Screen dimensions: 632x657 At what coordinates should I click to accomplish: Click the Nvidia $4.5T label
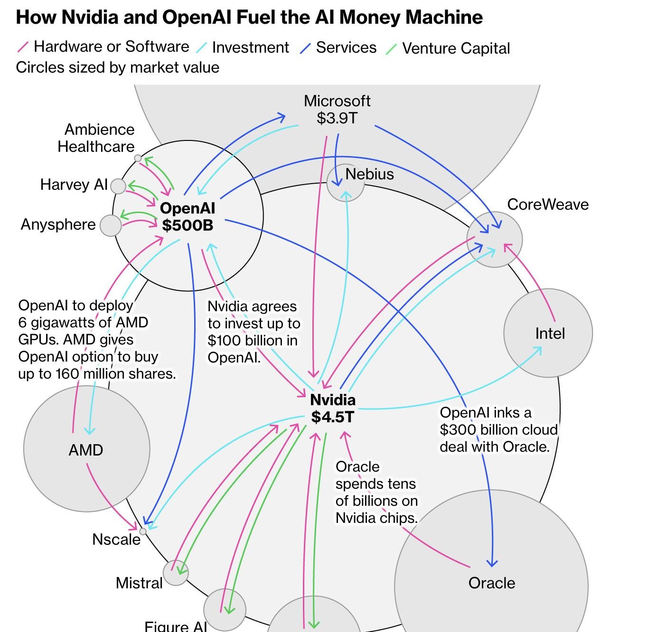333,409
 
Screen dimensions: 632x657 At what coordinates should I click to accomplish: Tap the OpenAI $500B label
188,217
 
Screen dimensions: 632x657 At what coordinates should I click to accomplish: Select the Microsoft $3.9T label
337,110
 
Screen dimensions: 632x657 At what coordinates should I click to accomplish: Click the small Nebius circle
345,183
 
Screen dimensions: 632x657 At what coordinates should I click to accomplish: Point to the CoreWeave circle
495,240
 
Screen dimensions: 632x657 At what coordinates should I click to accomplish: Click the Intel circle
548,333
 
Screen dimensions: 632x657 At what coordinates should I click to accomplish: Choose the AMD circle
86,448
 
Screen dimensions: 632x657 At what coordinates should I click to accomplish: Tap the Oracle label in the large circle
492,583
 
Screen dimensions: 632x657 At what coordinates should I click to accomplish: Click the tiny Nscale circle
142,531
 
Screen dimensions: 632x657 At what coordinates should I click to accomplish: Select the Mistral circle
176,573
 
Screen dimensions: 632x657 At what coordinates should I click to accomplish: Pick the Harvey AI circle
118,186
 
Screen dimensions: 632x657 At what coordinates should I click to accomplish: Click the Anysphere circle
111,225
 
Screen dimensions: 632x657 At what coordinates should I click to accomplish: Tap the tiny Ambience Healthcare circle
138,158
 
